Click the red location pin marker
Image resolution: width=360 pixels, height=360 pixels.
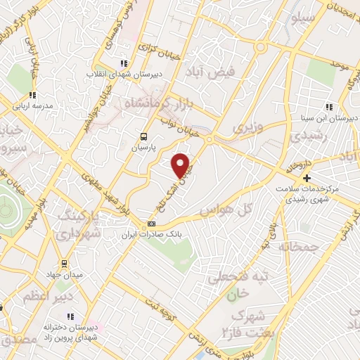(x=181, y=165)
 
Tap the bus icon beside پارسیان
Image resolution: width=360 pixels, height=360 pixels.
(x=143, y=137)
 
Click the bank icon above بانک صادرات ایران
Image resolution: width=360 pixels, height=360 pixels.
(x=150, y=224)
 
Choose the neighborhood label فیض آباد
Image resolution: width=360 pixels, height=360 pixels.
(x=207, y=72)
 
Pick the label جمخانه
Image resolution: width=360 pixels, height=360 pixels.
(x=297, y=246)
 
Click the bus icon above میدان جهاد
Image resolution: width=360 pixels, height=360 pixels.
(x=64, y=263)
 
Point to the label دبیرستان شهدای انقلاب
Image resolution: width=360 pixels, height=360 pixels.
(x=124, y=73)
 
